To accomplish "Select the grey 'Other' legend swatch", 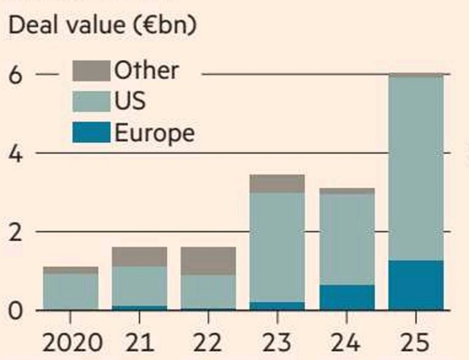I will click(91, 71).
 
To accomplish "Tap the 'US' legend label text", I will click(130, 101).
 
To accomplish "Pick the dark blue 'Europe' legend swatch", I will click(91, 132).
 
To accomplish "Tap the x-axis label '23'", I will click(277, 342).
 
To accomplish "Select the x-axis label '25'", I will click(416, 342).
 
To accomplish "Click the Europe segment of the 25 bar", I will click(416, 286).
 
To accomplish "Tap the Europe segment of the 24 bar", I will click(347, 298).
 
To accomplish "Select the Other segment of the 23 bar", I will click(277, 184).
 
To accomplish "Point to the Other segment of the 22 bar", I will click(208, 261).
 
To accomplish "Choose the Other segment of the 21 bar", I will click(139, 256).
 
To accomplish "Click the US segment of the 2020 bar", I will click(70, 292).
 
